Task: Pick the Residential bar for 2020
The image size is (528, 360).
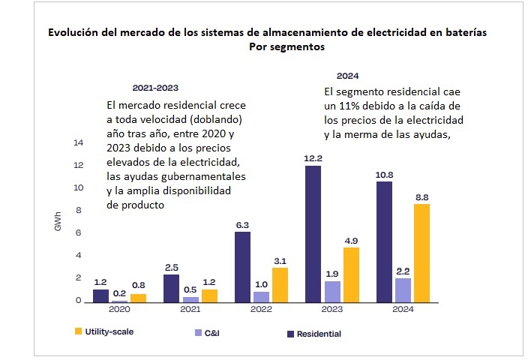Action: point(100,295)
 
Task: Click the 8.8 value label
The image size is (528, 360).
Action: point(422,196)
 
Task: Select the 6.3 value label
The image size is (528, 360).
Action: point(243,224)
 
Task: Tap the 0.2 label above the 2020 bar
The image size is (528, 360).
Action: point(119,292)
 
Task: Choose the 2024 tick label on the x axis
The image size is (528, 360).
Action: point(403,308)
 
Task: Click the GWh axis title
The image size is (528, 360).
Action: point(57,221)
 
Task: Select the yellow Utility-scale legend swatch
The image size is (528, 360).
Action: point(76,331)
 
